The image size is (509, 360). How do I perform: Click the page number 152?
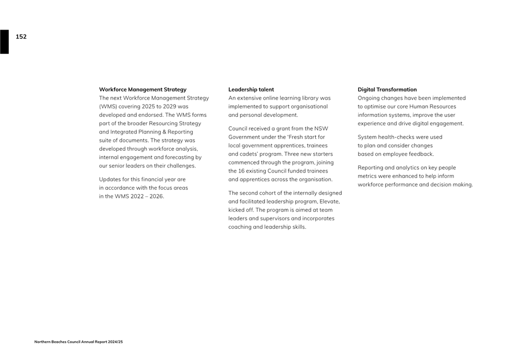[x=21, y=37]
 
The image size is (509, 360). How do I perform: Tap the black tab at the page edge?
[x=4, y=42]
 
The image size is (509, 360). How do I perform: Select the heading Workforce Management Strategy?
[x=143, y=90]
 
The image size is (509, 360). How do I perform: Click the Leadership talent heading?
[x=251, y=90]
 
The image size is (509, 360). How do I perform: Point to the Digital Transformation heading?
[x=387, y=90]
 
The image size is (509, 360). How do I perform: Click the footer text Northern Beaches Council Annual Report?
[x=79, y=342]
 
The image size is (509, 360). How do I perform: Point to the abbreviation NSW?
[x=321, y=129]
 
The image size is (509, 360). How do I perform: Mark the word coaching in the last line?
[x=241, y=227]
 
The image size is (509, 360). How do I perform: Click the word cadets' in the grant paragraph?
[x=246, y=154]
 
